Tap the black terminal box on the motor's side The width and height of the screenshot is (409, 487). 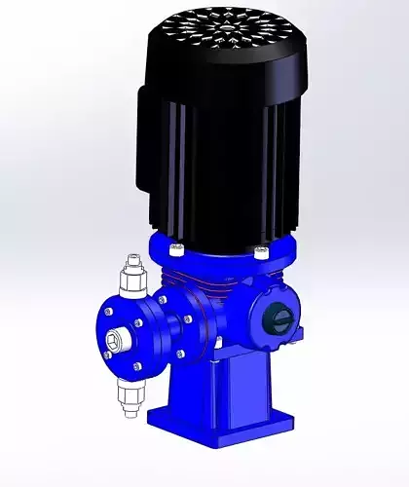(x=156, y=146)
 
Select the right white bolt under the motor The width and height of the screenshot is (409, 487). (x=259, y=252)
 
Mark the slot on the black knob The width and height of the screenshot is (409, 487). (x=277, y=317)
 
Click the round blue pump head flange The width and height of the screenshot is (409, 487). (x=131, y=336)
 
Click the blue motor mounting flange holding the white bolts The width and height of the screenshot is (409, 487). (x=219, y=253)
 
